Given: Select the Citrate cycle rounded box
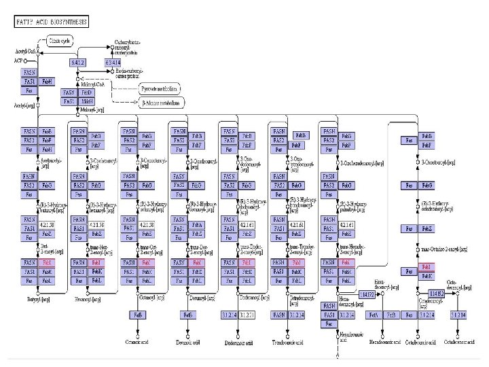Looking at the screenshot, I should pyautogui.click(x=58, y=41).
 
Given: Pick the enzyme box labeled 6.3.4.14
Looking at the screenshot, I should pyautogui.click(x=113, y=63).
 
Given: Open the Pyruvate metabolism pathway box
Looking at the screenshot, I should pyautogui.click(x=160, y=88).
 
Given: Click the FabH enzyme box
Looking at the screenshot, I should pyautogui.click(x=47, y=81).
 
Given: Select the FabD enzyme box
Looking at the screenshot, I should pyautogui.click(x=86, y=92).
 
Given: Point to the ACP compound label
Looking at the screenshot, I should pyautogui.click(x=18, y=60).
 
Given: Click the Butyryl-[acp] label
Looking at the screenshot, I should pyautogui.click(x=39, y=298).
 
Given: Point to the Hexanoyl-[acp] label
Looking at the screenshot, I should pyautogui.click(x=88, y=298).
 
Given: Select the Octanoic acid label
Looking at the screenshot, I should pyautogui.click(x=137, y=343).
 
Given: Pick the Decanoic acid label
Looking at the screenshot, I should pyautogui.click(x=188, y=343).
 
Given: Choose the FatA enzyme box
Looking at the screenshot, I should pyautogui.click(x=374, y=315).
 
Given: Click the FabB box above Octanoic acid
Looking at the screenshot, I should pyautogui.click(x=138, y=315).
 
